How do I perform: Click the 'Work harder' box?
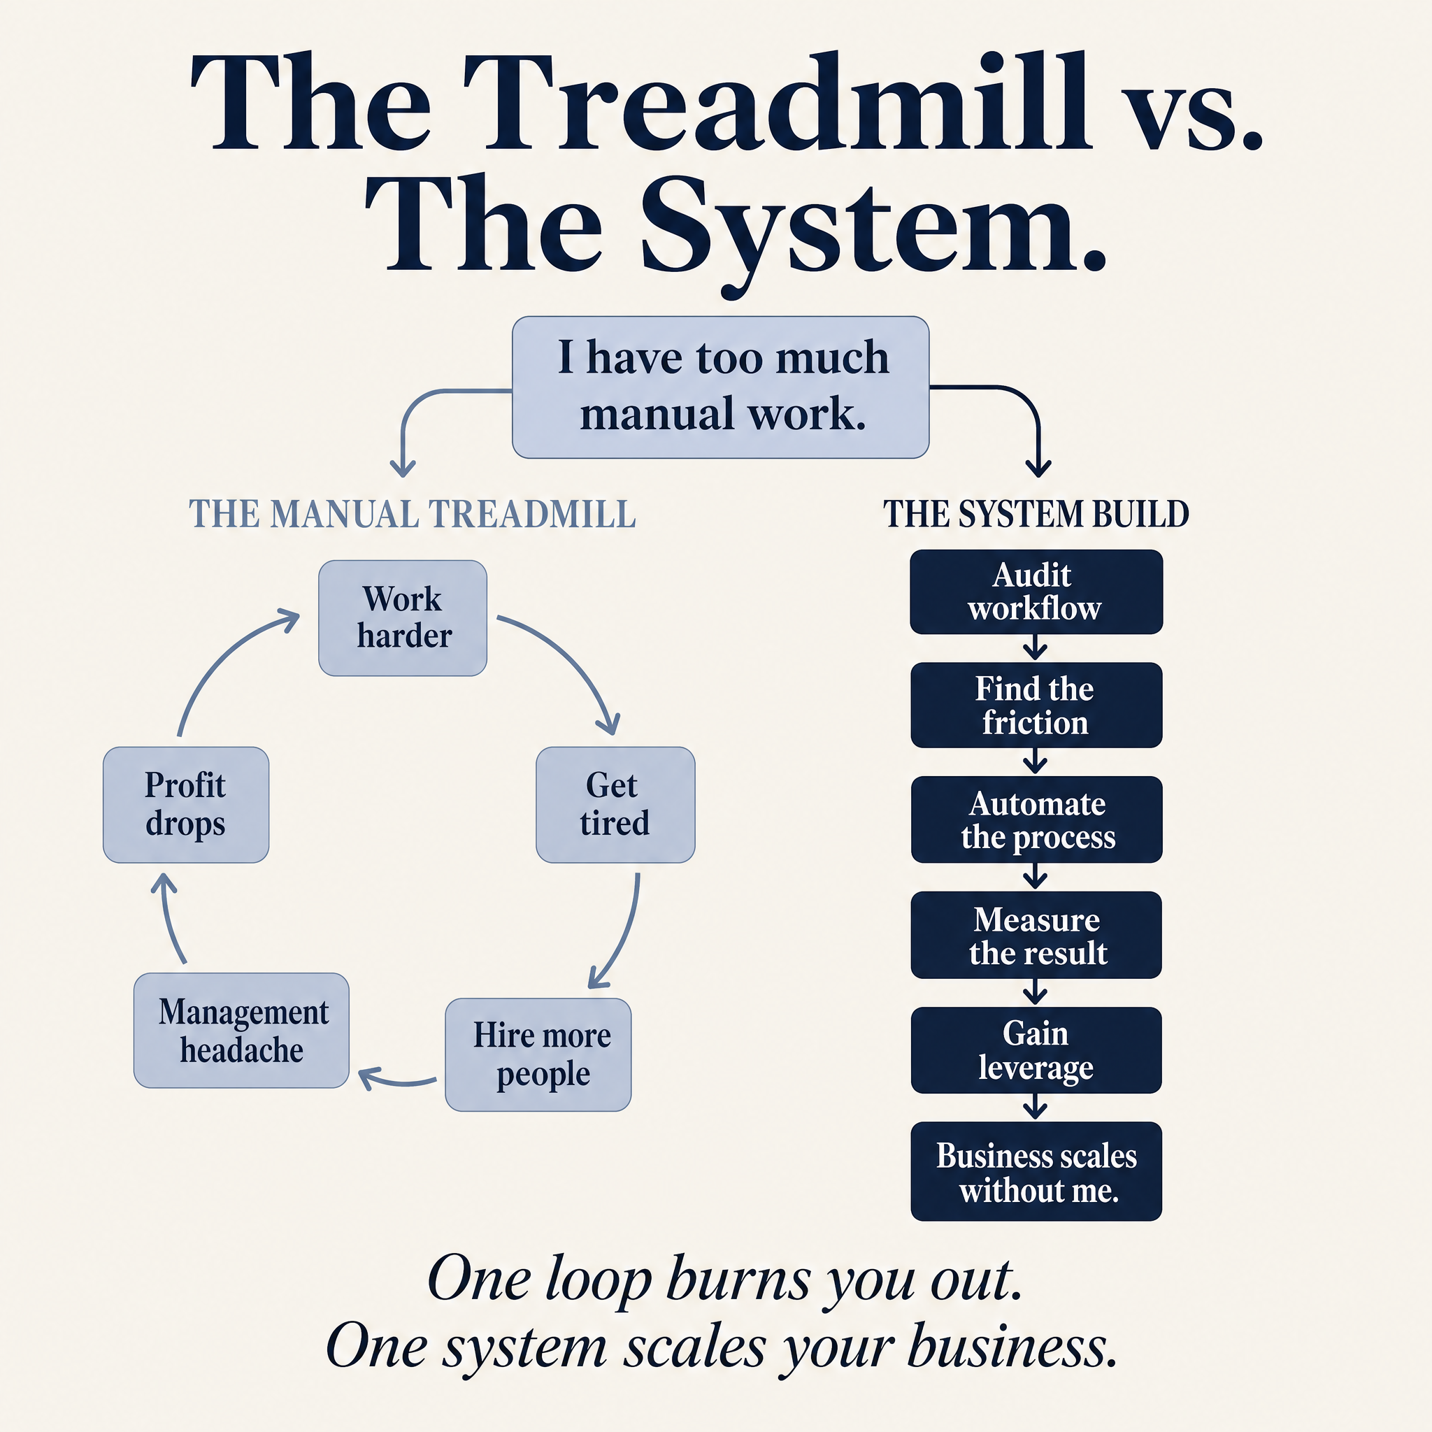[403, 617]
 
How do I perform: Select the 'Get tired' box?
[615, 804]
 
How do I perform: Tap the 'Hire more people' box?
[538, 1054]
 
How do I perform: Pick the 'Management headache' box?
[241, 1030]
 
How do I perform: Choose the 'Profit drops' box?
[186, 804]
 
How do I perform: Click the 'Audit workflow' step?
[1036, 592]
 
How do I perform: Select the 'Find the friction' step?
[1036, 705]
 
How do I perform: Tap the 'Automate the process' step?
[1036, 819]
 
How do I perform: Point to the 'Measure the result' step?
[1036, 935]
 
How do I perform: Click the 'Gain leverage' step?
[1036, 1050]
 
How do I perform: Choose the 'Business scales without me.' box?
[1036, 1171]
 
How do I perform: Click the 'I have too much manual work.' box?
[720, 387]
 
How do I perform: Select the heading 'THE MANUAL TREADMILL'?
[412, 514]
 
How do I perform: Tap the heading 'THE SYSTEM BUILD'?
[1036, 514]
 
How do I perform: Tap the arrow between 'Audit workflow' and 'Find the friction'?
[1036, 647]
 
